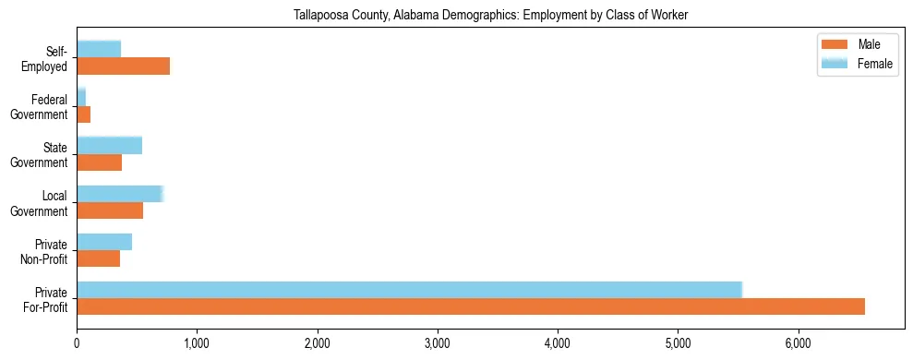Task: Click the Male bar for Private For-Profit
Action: click(x=471, y=306)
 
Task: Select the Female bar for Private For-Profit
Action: click(x=409, y=290)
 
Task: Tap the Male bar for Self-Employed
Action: click(x=123, y=66)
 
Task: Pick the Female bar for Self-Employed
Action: click(x=99, y=49)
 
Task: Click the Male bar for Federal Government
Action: click(x=84, y=114)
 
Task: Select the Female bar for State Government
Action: click(x=109, y=145)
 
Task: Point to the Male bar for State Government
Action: click(x=99, y=162)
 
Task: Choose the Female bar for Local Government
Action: click(x=120, y=194)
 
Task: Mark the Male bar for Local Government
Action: click(x=110, y=210)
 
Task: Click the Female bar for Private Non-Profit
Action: click(x=104, y=242)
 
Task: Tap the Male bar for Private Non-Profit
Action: click(x=98, y=258)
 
